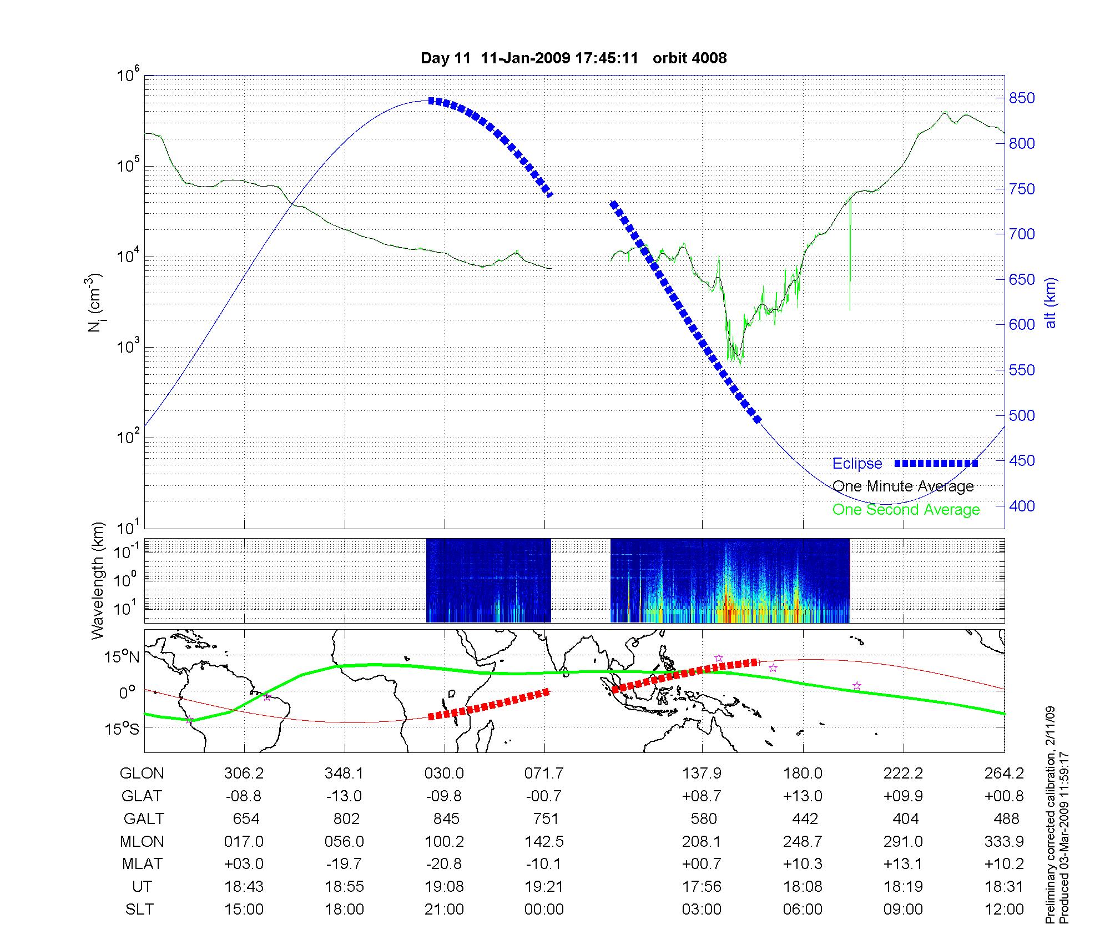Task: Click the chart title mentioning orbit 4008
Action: [x=573, y=58]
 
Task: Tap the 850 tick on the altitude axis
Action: [x=1022, y=98]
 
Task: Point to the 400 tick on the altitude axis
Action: [x=1022, y=506]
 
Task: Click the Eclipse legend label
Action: [x=857, y=464]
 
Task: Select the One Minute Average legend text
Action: [x=903, y=486]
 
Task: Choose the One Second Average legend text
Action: [x=906, y=510]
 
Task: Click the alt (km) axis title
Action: [x=1051, y=303]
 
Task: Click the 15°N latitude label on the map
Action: [x=123, y=657]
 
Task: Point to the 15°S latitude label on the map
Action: [x=123, y=729]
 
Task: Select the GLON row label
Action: [x=142, y=774]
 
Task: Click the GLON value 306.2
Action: [x=244, y=774]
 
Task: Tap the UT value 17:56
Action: [x=702, y=887]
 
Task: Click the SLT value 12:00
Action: [x=1005, y=910]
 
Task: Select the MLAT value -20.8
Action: [x=444, y=864]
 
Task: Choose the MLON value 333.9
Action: [x=1004, y=842]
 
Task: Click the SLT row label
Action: [x=139, y=910]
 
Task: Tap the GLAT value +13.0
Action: [x=803, y=796]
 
